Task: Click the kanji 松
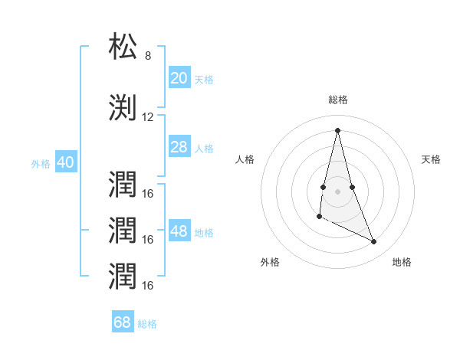123,47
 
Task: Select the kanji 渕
123,108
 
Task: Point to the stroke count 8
148,56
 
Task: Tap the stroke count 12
148,117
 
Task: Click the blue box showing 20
179,78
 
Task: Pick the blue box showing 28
179,147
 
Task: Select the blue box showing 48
179,231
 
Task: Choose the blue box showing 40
65,162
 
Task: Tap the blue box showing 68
122,322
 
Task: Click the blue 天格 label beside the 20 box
204,79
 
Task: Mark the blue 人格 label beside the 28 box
204,148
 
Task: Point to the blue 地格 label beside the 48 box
204,232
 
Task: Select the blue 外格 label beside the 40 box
41,163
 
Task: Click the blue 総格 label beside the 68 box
147,323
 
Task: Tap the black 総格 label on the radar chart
338,100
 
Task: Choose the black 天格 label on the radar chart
431,159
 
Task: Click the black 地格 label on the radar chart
402,262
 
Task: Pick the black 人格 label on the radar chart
245,159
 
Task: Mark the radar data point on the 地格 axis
374,242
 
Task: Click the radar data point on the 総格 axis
338,129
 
